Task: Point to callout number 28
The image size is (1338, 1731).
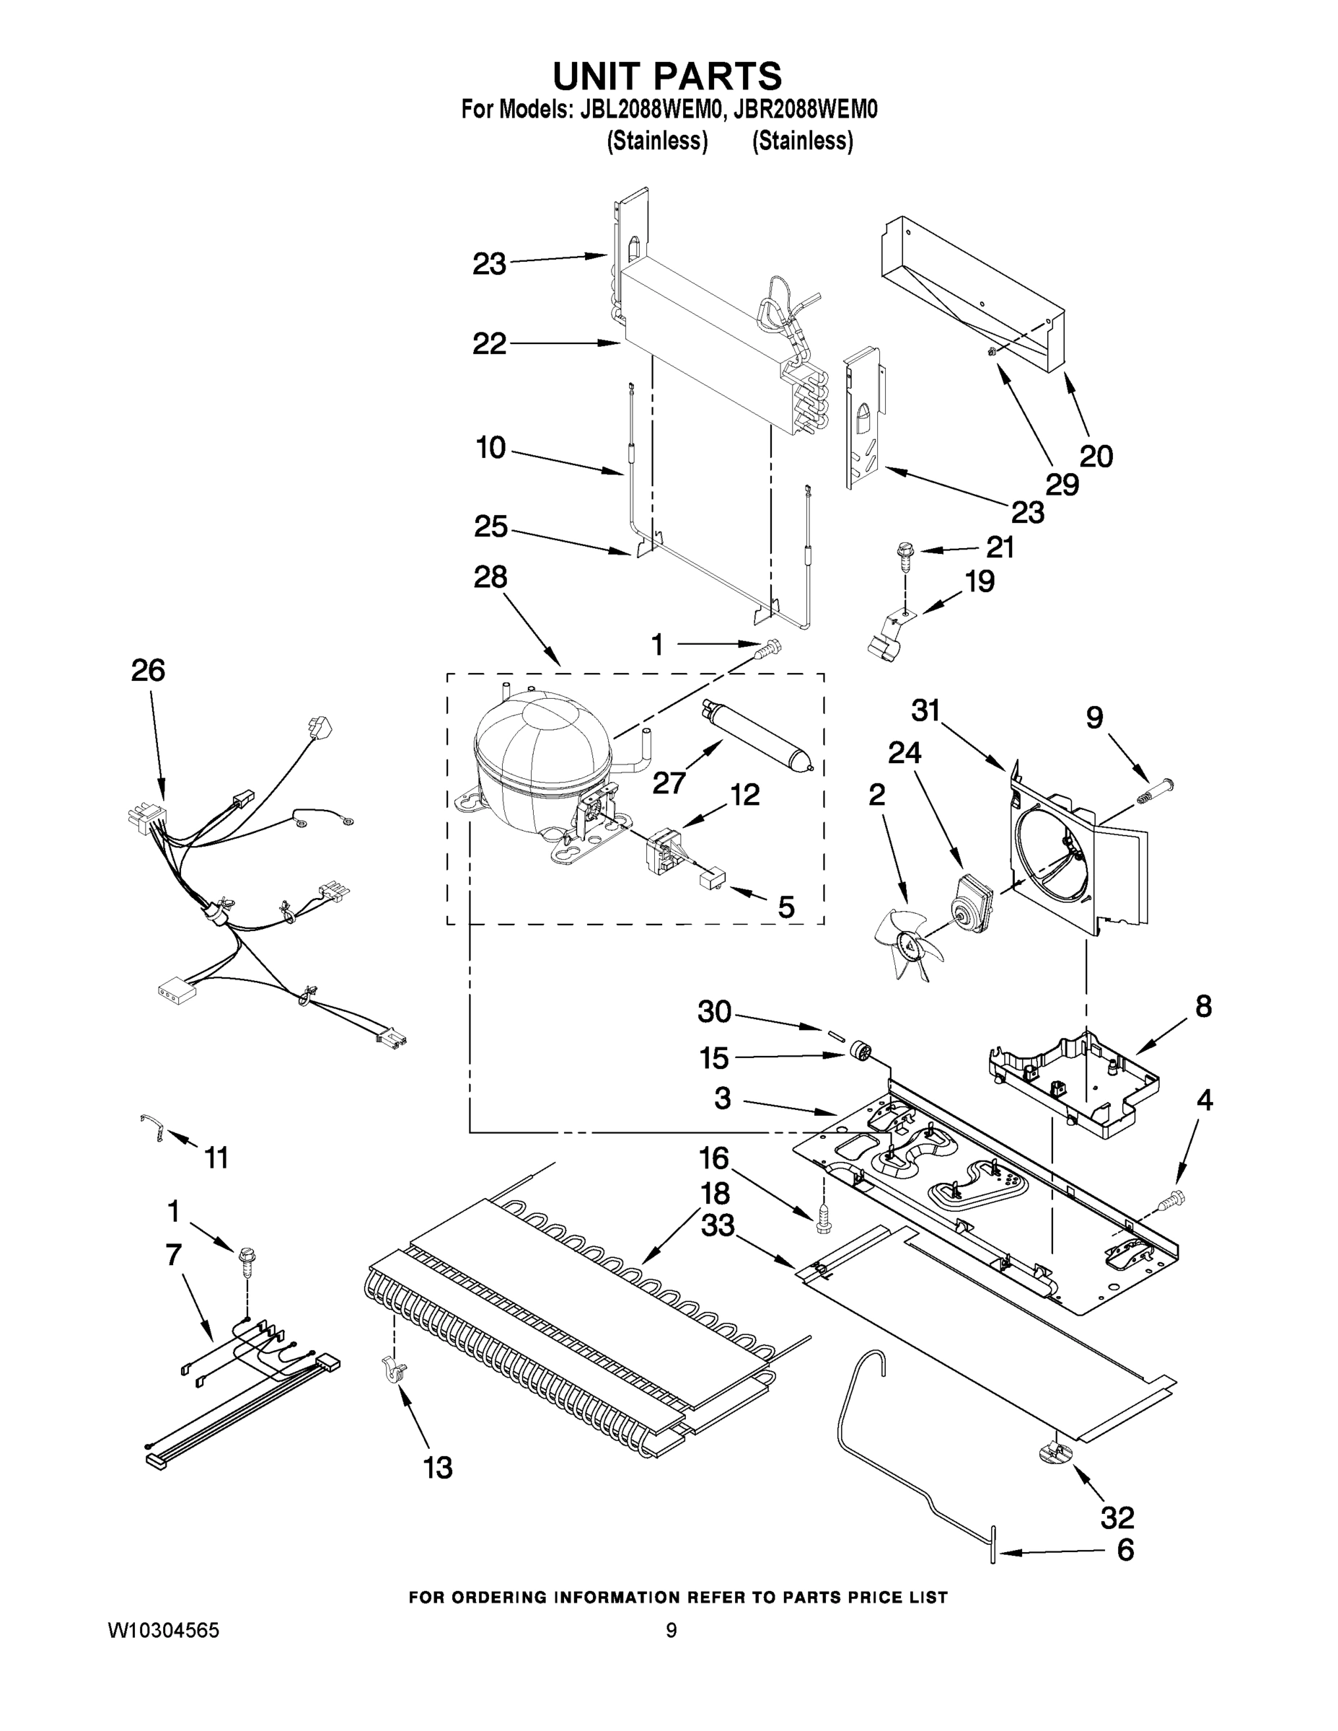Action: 490,577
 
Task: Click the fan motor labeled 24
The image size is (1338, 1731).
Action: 972,904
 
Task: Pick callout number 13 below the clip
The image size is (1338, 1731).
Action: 438,1468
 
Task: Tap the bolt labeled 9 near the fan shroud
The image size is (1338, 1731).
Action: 1153,790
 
